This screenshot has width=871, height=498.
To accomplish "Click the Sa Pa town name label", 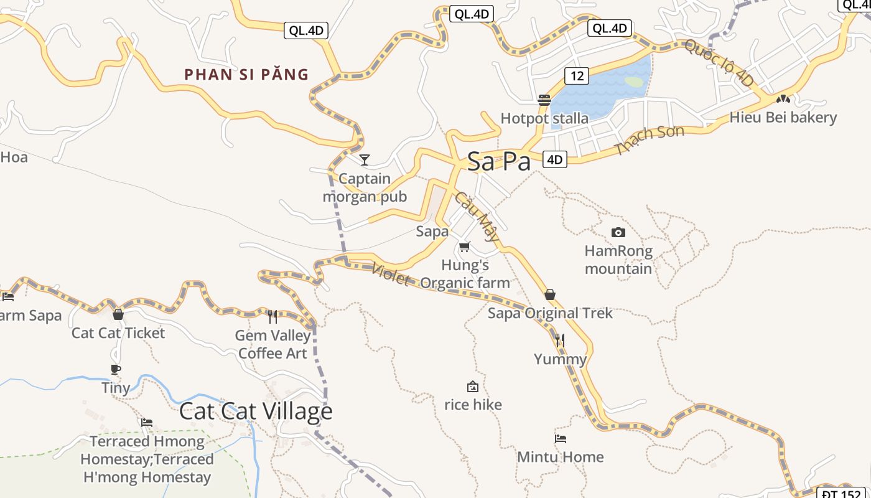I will click(498, 161).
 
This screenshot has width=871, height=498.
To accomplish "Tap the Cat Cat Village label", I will click(256, 411).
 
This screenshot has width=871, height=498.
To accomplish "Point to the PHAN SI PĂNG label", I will click(246, 75).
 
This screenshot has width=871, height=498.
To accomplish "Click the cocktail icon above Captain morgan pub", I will click(365, 160).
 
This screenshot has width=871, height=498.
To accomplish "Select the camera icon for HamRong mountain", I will click(618, 232).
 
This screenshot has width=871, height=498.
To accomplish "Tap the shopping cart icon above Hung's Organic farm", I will click(464, 247).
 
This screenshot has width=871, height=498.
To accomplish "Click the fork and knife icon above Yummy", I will click(560, 340).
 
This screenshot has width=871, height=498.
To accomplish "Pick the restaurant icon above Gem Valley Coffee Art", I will click(272, 317).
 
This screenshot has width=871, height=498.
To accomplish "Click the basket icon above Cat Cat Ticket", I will click(118, 314).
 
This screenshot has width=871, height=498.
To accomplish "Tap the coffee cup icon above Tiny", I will click(116, 369).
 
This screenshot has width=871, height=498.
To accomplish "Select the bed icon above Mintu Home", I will click(561, 438).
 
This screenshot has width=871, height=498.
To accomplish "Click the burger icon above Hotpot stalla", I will click(544, 100).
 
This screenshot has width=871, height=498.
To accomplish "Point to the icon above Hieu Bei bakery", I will click(783, 98).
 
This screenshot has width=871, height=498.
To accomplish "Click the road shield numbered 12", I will click(577, 76).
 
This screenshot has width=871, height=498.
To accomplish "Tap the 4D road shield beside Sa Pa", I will click(554, 159).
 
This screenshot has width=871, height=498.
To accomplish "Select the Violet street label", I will click(391, 275).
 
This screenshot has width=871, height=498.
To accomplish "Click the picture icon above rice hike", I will click(473, 387).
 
